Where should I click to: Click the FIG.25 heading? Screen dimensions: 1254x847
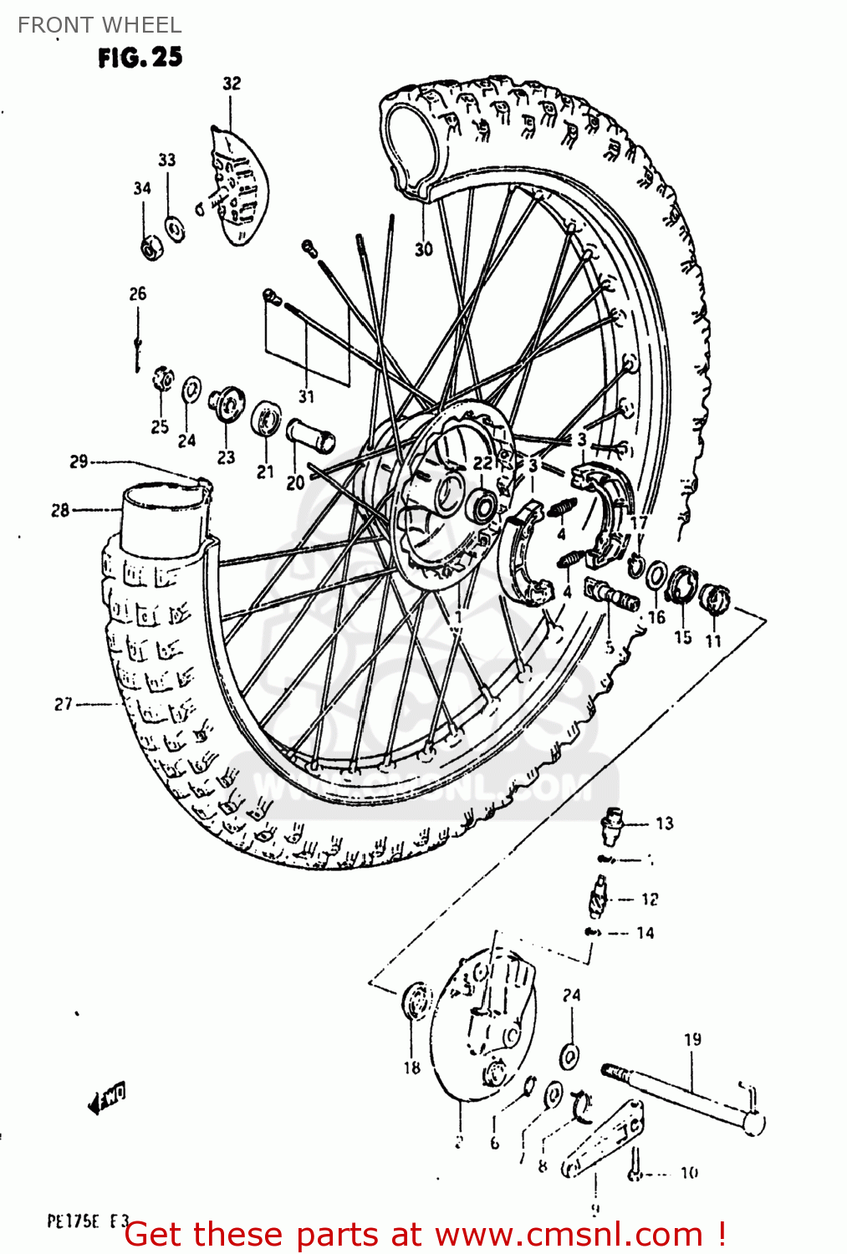coord(140,58)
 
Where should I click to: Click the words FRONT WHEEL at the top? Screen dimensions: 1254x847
coord(99,25)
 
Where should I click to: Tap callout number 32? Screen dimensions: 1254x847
coord(232,84)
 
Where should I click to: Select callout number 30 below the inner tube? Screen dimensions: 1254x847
coord(424,249)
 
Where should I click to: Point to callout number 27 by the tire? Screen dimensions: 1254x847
coord(64,705)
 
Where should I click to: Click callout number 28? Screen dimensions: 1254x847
coord(60,510)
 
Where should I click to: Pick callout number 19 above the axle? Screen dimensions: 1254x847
coord(692,1039)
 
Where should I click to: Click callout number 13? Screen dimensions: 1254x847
coord(664,823)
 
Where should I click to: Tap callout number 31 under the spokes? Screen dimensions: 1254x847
coord(306,396)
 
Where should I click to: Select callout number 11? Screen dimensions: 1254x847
coord(713,640)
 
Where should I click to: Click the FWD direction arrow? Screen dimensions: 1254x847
coord(107,1099)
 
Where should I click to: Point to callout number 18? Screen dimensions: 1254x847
coord(411,1067)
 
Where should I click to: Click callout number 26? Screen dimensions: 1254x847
coord(138,293)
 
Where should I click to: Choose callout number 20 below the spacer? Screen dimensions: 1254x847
coord(295,483)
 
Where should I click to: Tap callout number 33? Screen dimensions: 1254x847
coord(167,160)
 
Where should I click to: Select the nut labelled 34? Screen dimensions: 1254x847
coord(151,248)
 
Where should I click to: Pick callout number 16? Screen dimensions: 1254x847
coord(656,617)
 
